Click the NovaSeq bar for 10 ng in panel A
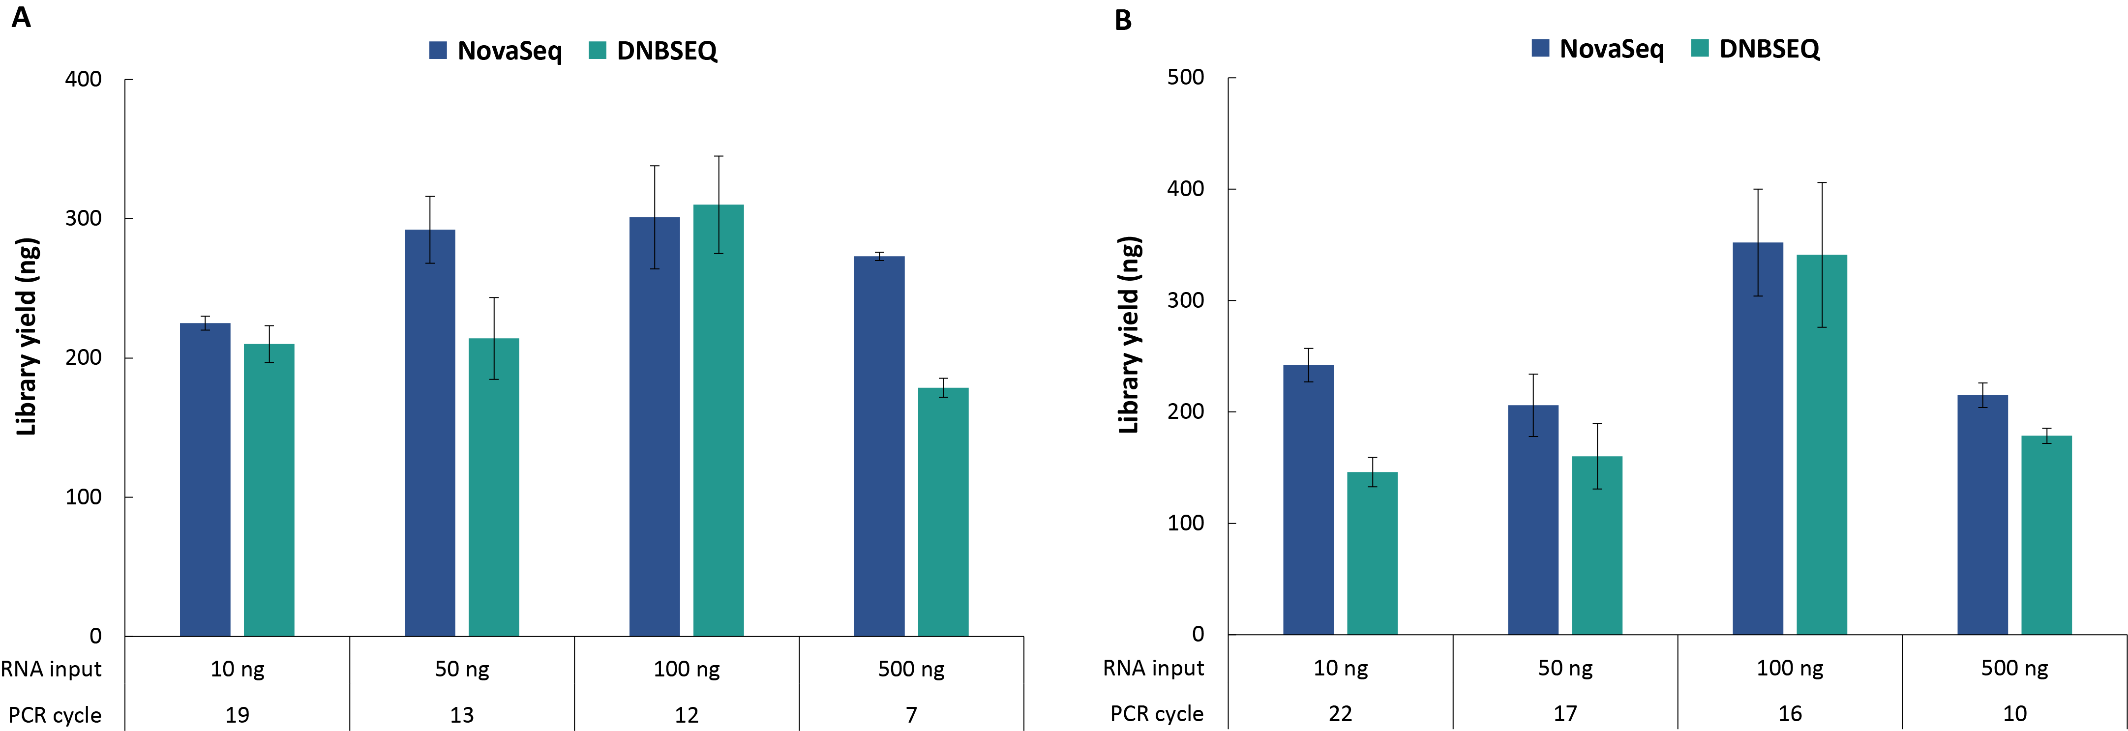coord(205,479)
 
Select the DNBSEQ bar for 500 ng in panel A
coord(943,512)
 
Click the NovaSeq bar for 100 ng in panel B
coord(1757,439)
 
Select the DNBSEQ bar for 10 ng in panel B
coord(1372,554)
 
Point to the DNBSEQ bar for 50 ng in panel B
coord(1597,545)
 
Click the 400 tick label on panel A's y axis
coord(84,79)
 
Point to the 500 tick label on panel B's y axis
coord(1185,78)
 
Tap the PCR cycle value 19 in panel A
coord(237,714)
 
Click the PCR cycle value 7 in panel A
coord(911,714)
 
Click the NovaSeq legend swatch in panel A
coord(438,50)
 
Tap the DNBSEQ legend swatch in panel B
coord(1699,49)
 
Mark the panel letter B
coord(1123,20)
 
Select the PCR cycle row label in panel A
coord(55,714)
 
